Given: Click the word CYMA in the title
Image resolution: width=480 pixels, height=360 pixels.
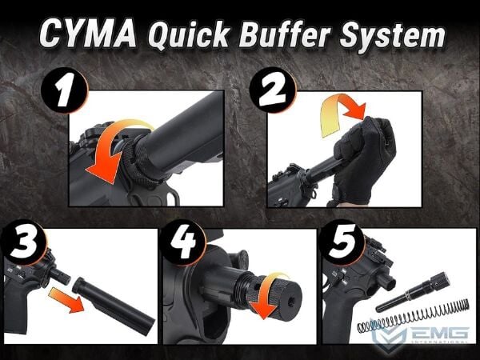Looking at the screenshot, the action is click(88, 34).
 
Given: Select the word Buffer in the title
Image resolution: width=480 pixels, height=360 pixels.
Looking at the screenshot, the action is click(285, 34).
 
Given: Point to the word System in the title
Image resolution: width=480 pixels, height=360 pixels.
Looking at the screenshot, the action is click(393, 35).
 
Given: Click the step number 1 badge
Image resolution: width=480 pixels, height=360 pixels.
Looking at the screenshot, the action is click(64, 90).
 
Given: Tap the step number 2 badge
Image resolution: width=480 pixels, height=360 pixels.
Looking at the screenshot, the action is click(273, 90).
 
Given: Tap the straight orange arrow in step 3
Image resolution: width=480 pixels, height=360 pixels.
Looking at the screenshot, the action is click(66, 300).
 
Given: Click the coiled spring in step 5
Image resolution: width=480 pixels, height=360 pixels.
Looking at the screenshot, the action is click(414, 317).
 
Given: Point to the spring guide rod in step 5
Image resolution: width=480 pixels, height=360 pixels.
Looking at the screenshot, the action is click(413, 292).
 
